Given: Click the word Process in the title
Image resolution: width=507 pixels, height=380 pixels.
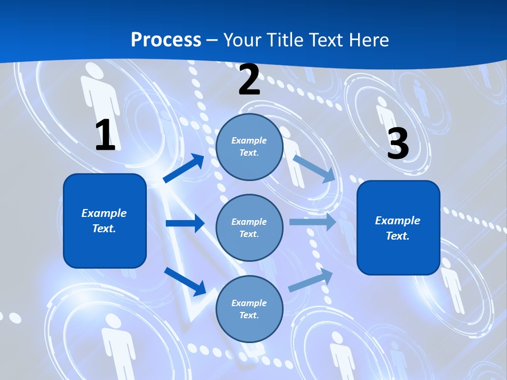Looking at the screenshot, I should click(x=166, y=40).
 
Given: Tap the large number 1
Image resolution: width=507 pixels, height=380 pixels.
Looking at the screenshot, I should click(x=105, y=135).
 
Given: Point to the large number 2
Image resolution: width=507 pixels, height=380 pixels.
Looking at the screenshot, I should click(x=249, y=80).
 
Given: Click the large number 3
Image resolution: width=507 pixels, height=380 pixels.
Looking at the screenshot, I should click(x=398, y=144).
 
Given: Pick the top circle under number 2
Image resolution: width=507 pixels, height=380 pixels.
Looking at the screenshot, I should click(x=249, y=147).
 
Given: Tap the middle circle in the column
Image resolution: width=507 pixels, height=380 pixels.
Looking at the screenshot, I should click(x=249, y=228).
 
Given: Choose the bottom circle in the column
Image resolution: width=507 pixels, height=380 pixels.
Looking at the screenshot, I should click(x=249, y=309).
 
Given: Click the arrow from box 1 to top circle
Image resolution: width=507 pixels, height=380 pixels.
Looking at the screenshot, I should click(x=184, y=168).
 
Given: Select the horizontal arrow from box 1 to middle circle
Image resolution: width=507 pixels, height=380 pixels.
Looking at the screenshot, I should click(x=185, y=223).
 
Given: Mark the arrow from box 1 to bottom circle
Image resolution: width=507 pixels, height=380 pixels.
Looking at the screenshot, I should click(x=185, y=281).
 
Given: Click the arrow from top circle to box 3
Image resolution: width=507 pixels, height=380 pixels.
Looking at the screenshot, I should click(x=314, y=168).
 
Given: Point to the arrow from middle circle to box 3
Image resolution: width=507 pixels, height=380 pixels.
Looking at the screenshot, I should click(x=313, y=222).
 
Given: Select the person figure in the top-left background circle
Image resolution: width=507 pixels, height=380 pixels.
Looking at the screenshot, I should click(x=99, y=95).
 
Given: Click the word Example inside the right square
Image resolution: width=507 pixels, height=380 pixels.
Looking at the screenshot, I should click(x=398, y=221).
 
